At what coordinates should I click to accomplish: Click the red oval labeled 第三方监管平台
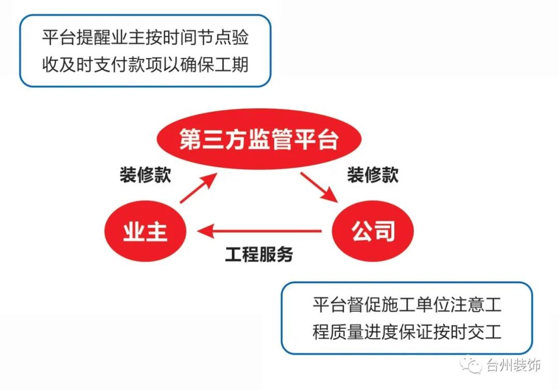click(x=259, y=138)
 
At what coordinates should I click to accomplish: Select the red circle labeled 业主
click(x=145, y=231)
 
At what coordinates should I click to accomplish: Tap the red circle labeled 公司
click(x=373, y=231)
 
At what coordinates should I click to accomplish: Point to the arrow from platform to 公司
click(x=319, y=187)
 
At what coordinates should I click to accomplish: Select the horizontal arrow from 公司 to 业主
click(x=259, y=231)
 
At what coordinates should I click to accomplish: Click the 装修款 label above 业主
click(x=145, y=175)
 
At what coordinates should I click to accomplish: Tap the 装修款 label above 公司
click(x=373, y=175)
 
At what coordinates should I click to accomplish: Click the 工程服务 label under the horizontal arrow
click(x=259, y=254)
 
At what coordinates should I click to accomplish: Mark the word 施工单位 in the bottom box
click(x=416, y=305)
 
